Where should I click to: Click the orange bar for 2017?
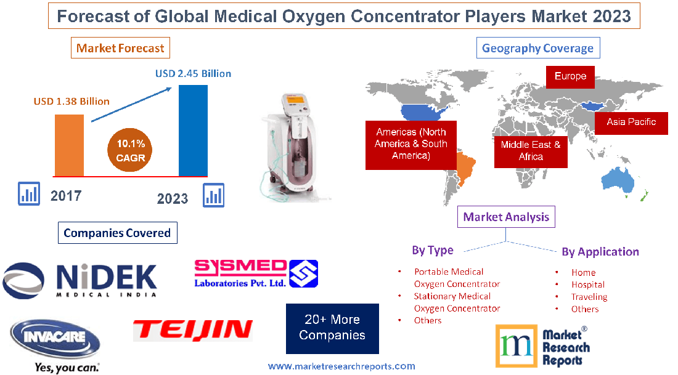[x=69, y=145]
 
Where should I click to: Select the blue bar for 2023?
[x=193, y=131]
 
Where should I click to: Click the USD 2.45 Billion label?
[x=193, y=74]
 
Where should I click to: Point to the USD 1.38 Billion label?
[x=71, y=101]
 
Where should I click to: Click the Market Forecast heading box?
[x=120, y=48]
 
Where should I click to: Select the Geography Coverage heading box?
[x=537, y=48]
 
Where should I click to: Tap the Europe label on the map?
[x=570, y=76]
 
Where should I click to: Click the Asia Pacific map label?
[x=631, y=122]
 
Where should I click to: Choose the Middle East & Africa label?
[x=531, y=150]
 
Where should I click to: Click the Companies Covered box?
[x=117, y=233]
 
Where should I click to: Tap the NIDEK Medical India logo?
[x=80, y=280]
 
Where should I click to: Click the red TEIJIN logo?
[x=193, y=330]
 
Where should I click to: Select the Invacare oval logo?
[x=55, y=341]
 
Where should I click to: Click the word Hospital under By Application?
[x=587, y=284]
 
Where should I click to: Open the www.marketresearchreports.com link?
[x=341, y=366]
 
